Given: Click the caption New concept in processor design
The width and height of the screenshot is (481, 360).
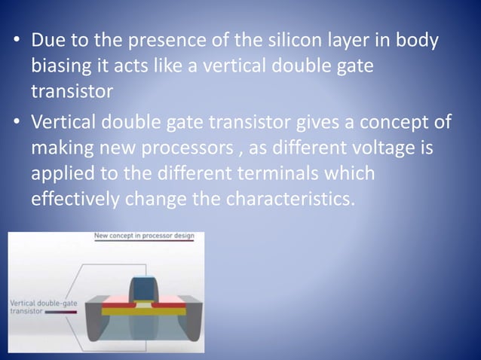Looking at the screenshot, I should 143,236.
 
